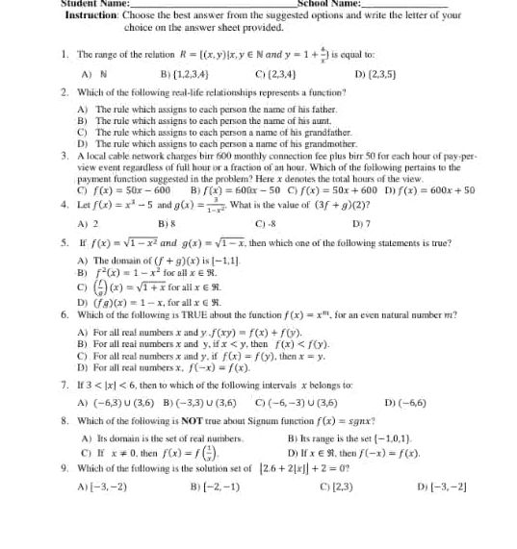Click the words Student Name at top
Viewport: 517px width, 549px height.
(x=66, y=4)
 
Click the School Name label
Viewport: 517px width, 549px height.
(x=328, y=4)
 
